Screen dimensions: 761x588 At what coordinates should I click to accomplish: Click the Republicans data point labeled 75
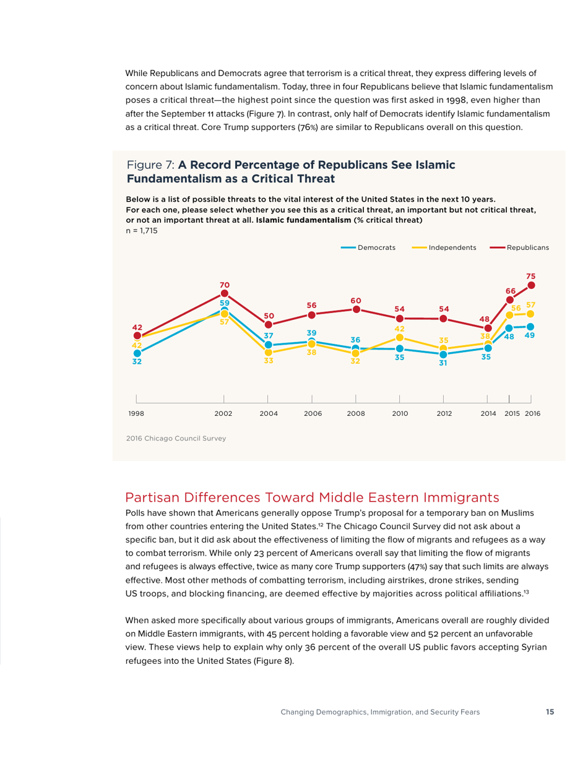click(531, 285)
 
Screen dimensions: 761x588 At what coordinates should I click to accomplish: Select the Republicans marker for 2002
click(225, 293)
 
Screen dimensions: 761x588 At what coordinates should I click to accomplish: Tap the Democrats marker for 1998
click(137, 353)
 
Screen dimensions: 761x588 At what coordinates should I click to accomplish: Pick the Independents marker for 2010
click(400, 338)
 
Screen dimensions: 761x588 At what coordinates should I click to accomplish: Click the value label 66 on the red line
click(511, 291)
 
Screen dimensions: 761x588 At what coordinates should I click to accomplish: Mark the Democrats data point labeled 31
click(443, 354)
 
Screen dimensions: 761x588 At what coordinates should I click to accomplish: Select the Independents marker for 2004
click(269, 352)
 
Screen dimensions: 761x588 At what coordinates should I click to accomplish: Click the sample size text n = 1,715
click(142, 230)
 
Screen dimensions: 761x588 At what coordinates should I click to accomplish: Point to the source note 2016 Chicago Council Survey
click(176, 439)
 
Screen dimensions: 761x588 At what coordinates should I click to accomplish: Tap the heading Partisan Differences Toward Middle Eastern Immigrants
click(312, 497)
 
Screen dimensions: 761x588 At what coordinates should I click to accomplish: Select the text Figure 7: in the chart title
click(150, 165)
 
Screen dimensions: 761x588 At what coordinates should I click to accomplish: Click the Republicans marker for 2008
click(356, 309)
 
